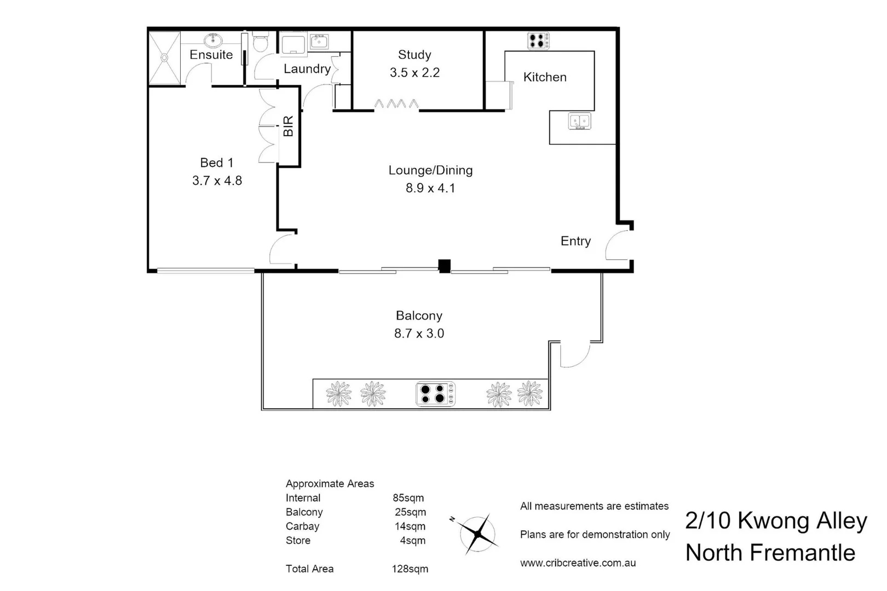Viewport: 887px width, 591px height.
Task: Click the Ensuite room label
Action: click(x=211, y=55)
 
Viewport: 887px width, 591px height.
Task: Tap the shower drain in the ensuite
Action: click(x=164, y=57)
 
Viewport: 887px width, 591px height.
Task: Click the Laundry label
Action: click(x=307, y=69)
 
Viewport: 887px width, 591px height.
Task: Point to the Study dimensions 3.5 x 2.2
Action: click(x=414, y=73)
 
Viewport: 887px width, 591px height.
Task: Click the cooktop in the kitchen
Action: click(x=538, y=40)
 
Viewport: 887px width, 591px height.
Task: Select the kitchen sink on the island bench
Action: click(x=579, y=121)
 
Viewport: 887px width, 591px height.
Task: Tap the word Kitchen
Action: click(x=545, y=77)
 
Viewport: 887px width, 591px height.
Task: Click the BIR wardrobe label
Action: click(x=289, y=126)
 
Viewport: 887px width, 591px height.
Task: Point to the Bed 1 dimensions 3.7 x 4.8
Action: click(x=217, y=181)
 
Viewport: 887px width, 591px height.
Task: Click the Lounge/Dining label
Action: click(x=430, y=170)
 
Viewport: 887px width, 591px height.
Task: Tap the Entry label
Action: click(x=575, y=241)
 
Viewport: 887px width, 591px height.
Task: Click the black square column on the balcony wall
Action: click(x=444, y=266)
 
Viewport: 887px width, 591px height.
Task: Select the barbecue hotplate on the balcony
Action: click(x=435, y=394)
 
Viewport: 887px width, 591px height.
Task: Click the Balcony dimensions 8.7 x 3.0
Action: click(x=419, y=333)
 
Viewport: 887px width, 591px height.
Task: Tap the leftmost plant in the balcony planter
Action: click(x=338, y=394)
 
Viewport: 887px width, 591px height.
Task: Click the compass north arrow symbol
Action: click(x=478, y=534)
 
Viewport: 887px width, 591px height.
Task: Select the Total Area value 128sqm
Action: click(x=410, y=569)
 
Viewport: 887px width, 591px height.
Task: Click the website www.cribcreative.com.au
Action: click(x=578, y=563)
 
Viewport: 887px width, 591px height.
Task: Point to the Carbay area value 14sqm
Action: click(x=410, y=526)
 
